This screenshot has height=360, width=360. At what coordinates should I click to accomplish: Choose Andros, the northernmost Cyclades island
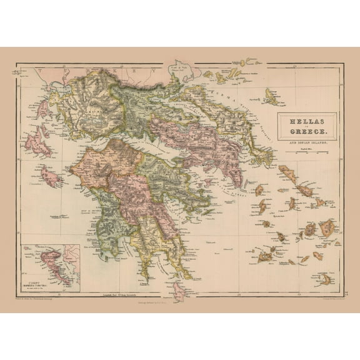coord(289,173)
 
